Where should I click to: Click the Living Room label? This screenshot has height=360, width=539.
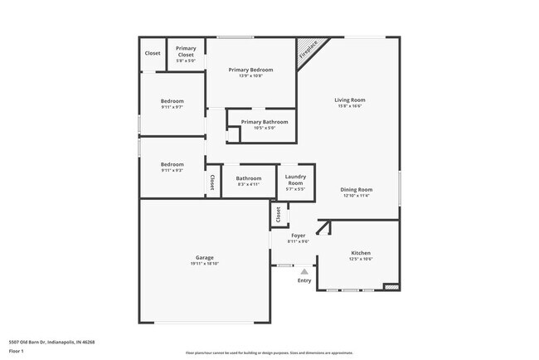350,100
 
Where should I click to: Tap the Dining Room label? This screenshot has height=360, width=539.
354,190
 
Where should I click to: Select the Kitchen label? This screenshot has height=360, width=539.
361,252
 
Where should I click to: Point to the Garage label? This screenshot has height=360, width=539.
205,257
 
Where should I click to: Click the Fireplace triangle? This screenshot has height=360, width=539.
309,51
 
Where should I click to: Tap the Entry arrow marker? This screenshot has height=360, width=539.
304,270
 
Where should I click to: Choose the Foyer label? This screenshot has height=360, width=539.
298,236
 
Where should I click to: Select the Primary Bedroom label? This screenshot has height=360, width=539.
250,70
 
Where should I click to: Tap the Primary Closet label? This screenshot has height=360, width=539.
186,51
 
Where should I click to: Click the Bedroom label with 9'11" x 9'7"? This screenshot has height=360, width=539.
172,100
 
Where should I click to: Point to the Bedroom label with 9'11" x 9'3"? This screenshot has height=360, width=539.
172,164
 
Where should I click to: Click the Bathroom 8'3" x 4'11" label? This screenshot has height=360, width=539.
249,178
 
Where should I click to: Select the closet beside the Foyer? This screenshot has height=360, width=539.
279,216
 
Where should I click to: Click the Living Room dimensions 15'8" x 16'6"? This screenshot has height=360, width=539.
350,105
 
